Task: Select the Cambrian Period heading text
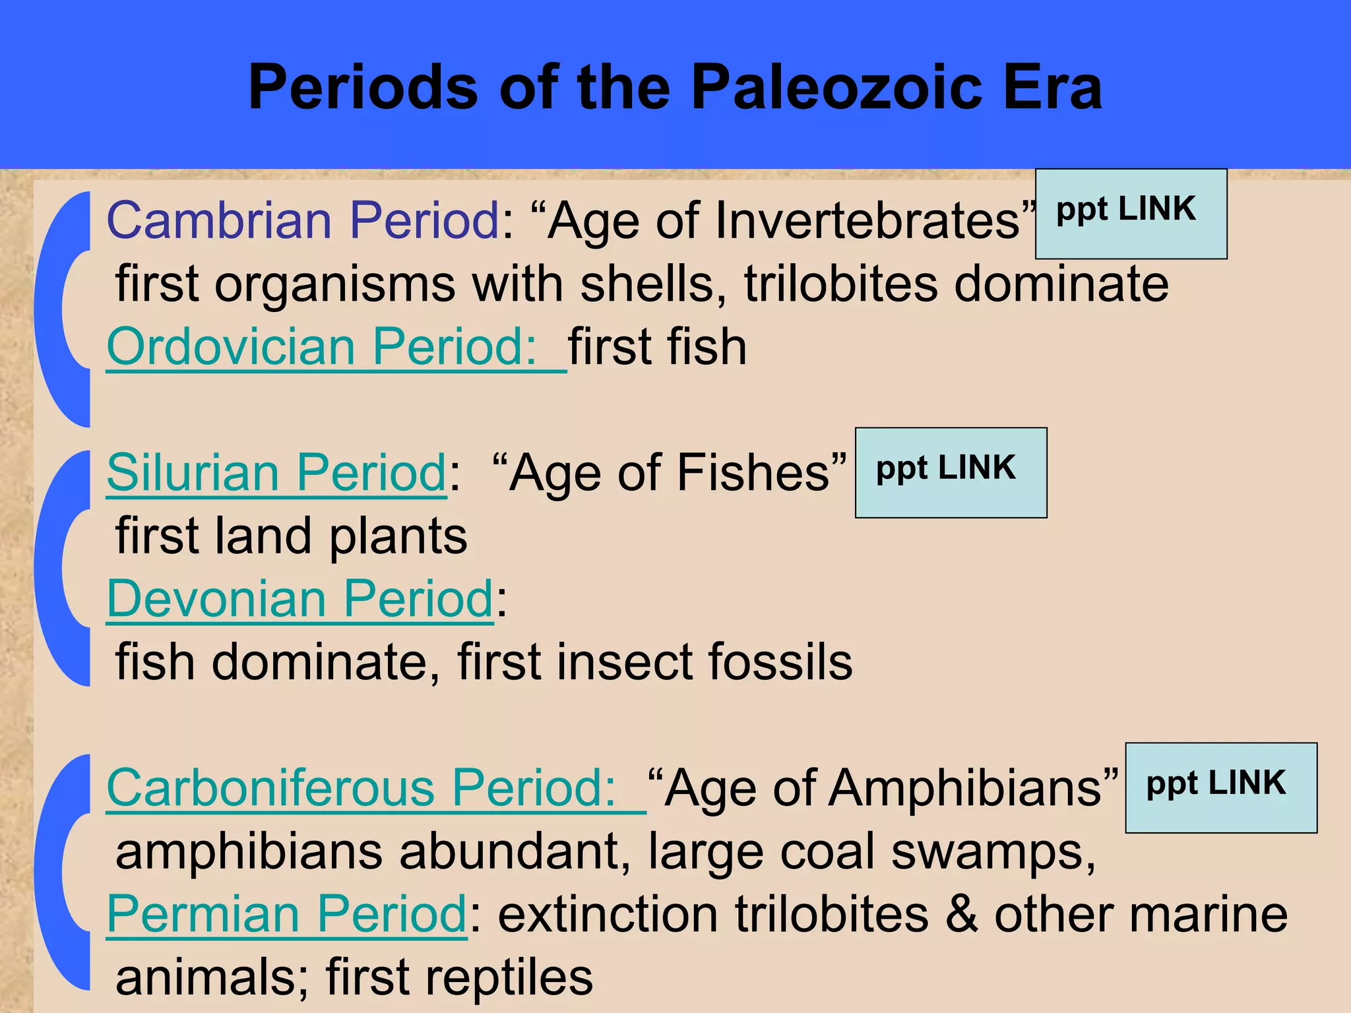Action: [x=303, y=220]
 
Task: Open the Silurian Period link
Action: [x=277, y=473]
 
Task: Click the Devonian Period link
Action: [x=300, y=599]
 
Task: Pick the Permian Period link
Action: [x=287, y=914]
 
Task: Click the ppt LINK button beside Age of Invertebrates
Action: [x=1131, y=214]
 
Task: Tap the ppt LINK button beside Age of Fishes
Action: [x=951, y=472]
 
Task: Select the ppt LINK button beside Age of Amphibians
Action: [x=1220, y=787]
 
